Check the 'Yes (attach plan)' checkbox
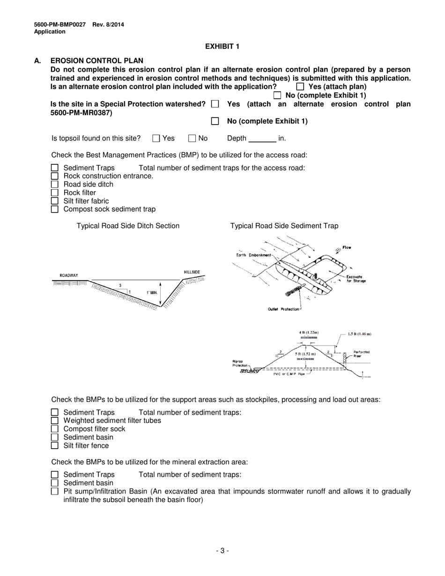300,87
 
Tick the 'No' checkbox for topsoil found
192,138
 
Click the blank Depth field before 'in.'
262,139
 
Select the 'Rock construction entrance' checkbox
54,176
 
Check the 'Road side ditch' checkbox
54,185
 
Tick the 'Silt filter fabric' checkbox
54,201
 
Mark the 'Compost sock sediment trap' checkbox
54,209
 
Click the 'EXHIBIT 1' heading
222,46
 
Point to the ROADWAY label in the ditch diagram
69,275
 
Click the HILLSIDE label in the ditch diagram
192,272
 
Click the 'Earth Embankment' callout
253,255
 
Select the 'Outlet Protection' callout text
283,309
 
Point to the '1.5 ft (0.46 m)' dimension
359,334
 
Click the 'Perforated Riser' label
361,354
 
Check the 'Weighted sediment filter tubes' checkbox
54,421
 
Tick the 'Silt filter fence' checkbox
54,446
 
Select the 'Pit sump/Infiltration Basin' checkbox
54,491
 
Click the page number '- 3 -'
222,551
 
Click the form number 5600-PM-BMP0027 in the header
60,25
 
